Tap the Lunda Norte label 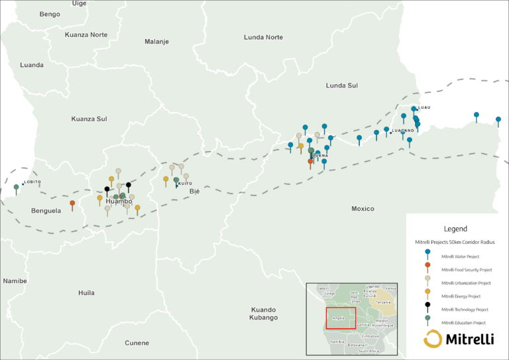click(263, 37)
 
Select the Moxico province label click(363, 209)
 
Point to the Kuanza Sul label click(89, 119)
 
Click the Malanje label click(156, 42)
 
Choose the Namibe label click(14, 281)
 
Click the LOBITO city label click(32, 182)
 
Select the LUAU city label click(424, 107)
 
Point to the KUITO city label click(185, 184)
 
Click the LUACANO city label click(403, 131)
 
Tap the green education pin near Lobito click(16, 188)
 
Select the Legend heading click(455, 229)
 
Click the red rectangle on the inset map click(341, 318)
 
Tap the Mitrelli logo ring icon click(433, 340)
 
